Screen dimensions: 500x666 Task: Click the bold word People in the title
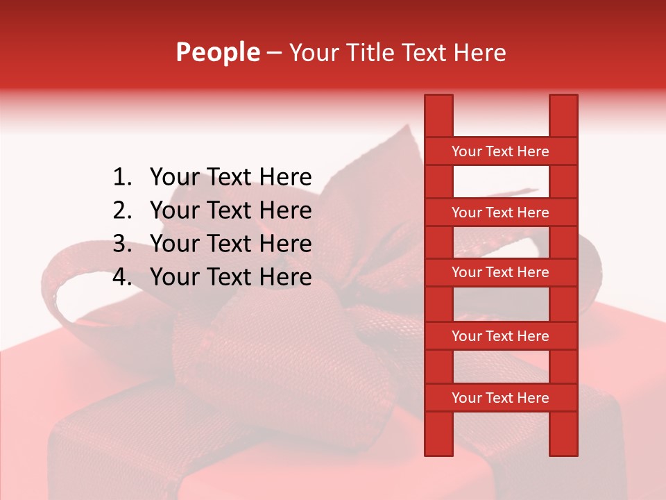(x=217, y=52)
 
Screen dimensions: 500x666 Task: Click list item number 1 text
(x=230, y=177)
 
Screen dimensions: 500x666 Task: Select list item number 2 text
(x=230, y=210)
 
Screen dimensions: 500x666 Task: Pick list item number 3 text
(x=230, y=244)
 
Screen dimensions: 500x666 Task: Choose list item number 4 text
(x=230, y=277)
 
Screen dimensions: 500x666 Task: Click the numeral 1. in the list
(x=122, y=177)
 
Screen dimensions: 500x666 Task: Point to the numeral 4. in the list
(x=122, y=277)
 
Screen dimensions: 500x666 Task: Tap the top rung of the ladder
(x=500, y=151)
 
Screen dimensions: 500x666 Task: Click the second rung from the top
(x=500, y=212)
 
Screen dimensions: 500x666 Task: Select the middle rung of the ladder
(x=500, y=272)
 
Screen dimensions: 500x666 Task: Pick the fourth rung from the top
(x=500, y=336)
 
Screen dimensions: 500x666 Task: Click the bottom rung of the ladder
(x=500, y=398)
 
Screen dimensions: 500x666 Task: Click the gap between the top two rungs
(x=501, y=182)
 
